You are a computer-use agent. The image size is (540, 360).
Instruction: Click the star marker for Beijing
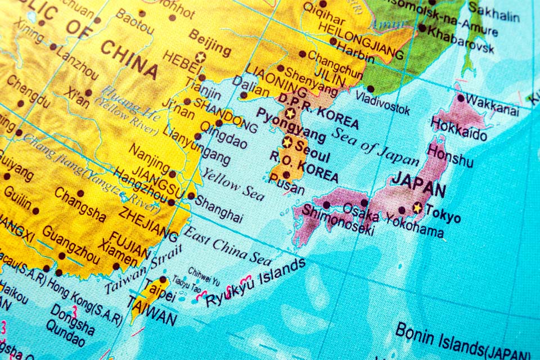[200, 56]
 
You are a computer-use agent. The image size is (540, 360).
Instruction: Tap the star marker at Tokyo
[417, 208]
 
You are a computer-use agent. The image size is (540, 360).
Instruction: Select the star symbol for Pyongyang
[290, 113]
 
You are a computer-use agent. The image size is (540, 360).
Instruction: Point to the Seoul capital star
[287, 142]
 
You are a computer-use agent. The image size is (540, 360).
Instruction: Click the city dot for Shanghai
[191, 196]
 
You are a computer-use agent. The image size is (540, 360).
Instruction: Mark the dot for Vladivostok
[370, 89]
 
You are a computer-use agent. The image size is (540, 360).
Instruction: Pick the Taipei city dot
[163, 280]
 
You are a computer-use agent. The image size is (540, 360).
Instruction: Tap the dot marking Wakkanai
[461, 98]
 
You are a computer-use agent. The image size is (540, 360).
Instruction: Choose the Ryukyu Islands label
[256, 283]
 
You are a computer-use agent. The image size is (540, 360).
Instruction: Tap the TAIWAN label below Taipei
[152, 312]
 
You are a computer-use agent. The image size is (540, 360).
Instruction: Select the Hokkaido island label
[459, 129]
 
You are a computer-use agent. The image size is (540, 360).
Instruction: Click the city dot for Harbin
[333, 41]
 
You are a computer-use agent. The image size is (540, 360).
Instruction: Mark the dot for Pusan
[286, 174]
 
